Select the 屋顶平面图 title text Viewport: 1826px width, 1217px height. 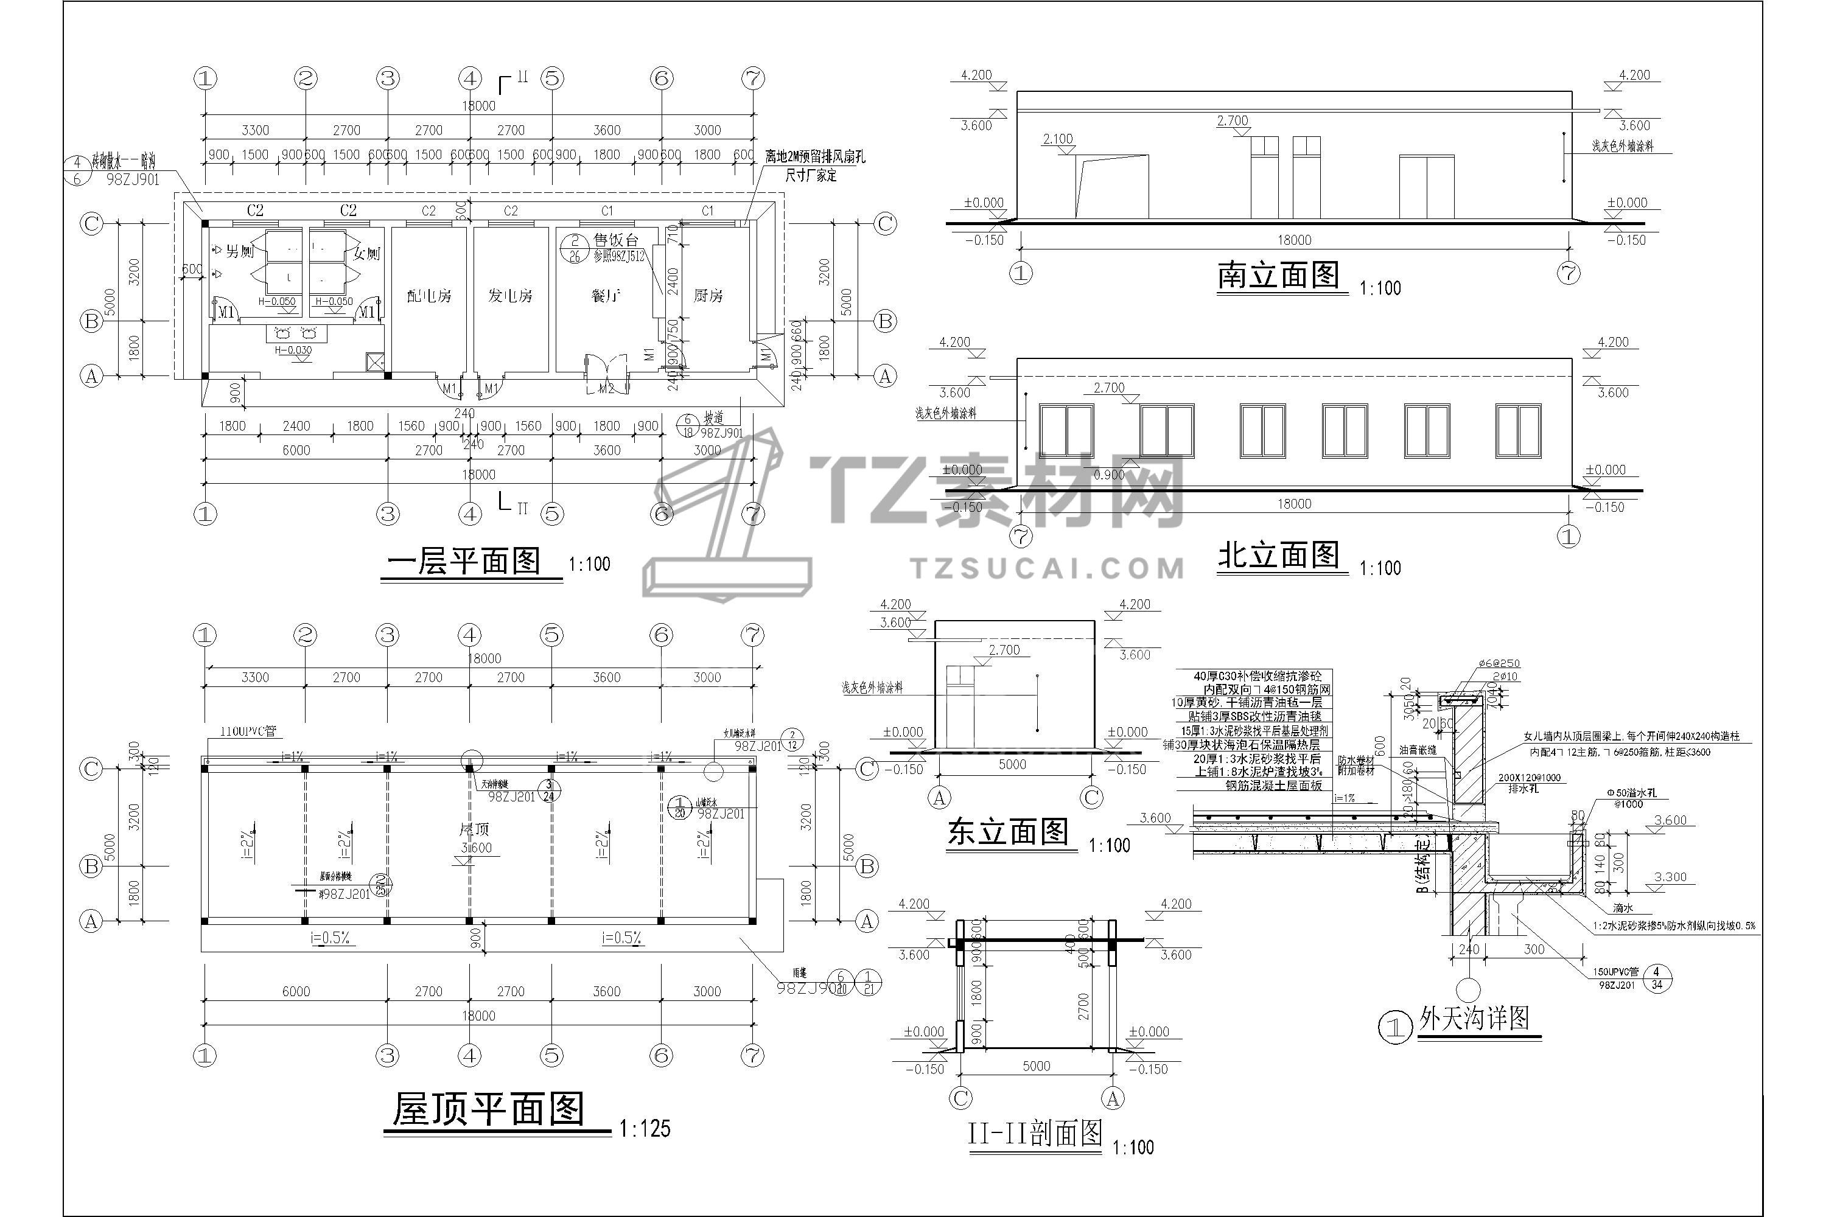pos(488,1109)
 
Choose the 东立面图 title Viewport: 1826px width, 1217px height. pos(1008,833)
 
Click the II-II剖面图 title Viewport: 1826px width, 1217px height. pos(1035,1134)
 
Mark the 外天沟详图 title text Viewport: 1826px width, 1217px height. pos(1474,1017)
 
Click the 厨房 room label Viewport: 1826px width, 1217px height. pos(707,296)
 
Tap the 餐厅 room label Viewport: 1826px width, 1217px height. pos(605,296)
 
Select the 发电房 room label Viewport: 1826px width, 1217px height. pos(510,296)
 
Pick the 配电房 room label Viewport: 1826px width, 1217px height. pos(429,296)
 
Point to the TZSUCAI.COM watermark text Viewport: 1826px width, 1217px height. pos(1048,568)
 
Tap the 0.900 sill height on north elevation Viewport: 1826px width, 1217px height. pos(1108,475)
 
